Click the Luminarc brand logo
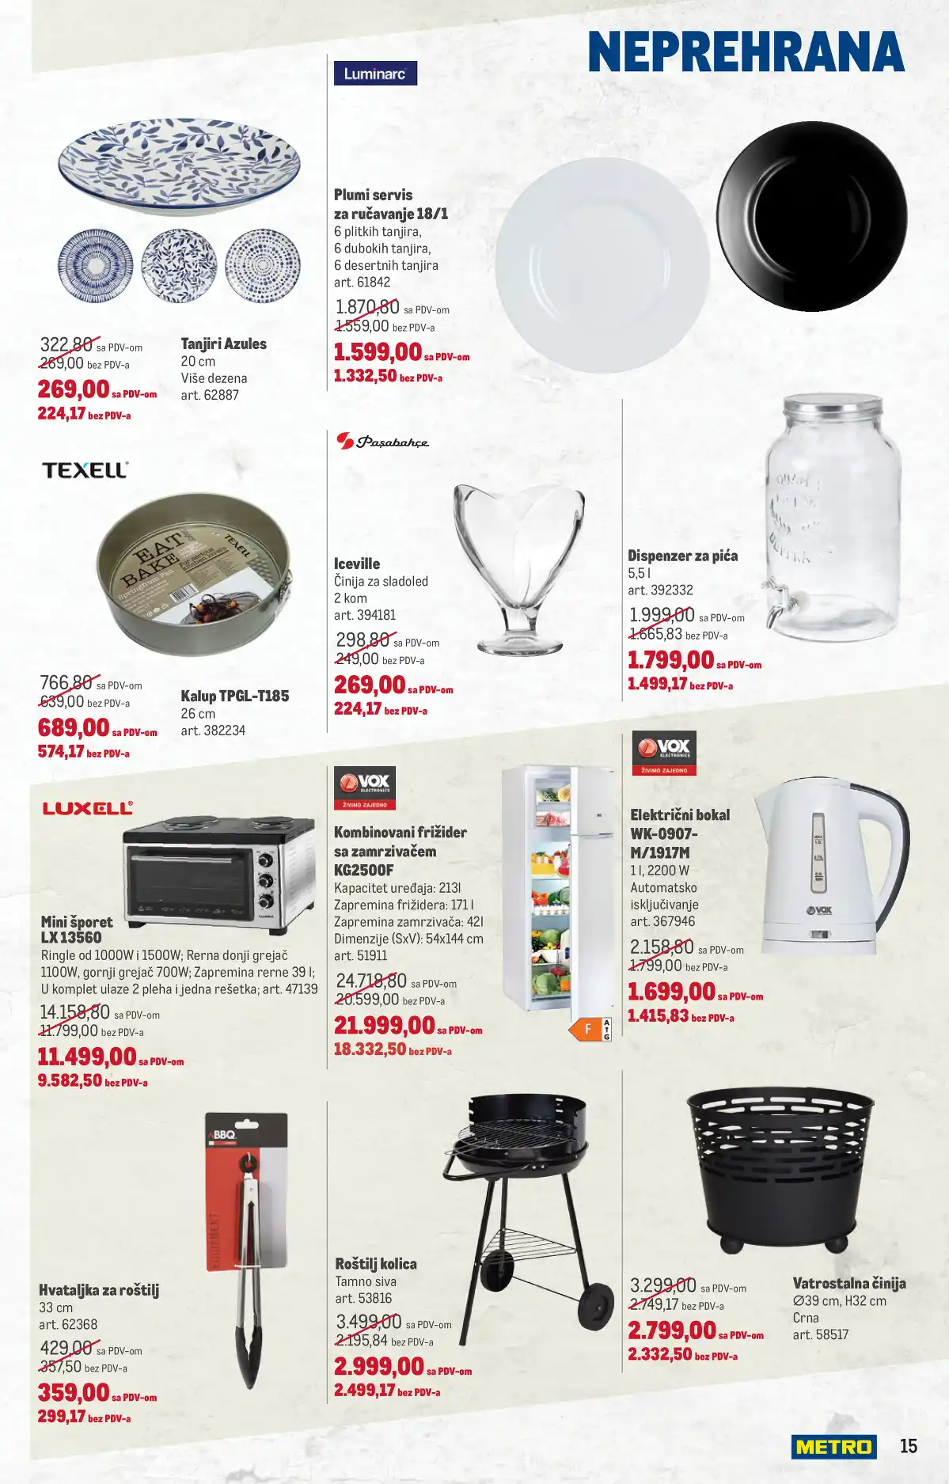pyautogui.click(x=375, y=74)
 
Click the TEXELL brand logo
pyautogui.click(x=85, y=470)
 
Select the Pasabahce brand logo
pyautogui.click(x=383, y=442)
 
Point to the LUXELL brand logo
pyautogui.click(x=87, y=808)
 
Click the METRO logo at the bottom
pyautogui.click(x=833, y=1447)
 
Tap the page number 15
pyautogui.click(x=908, y=1446)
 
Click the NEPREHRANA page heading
pyautogui.click(x=746, y=53)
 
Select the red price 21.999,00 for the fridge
pyautogui.click(x=384, y=1026)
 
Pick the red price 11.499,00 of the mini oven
pyautogui.click(x=87, y=1057)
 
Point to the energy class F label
pyautogui.click(x=588, y=1029)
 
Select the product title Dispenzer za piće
pyautogui.click(x=682, y=556)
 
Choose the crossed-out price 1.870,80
pyautogui.click(x=367, y=307)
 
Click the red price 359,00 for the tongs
pyautogui.click(x=74, y=1392)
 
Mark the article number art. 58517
pyautogui.click(x=820, y=1334)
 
